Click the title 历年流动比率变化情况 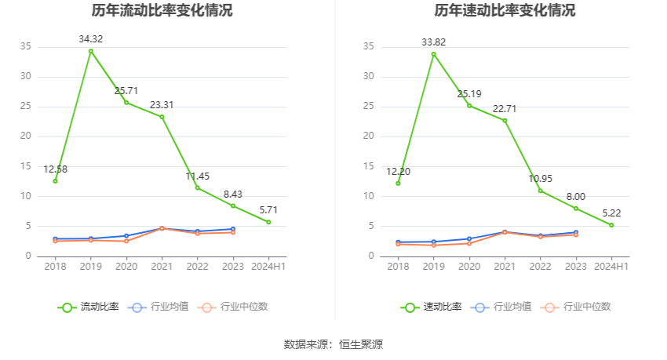[162, 11]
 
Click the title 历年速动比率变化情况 [505, 11]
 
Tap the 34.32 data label [91, 38]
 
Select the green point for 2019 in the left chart [91, 51]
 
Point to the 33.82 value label [433, 42]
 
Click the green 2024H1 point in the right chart [611, 225]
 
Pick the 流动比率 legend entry [89, 307]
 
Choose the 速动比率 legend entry [432, 307]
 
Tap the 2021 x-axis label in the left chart [162, 267]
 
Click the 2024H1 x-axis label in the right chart [611, 267]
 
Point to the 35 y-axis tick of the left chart [26, 46]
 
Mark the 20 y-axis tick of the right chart [368, 136]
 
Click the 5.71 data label [268, 210]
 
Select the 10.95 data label [540, 178]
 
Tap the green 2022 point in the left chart [198, 187]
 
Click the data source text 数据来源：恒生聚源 [333, 344]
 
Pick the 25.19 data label [469, 94]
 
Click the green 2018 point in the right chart [398, 183]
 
